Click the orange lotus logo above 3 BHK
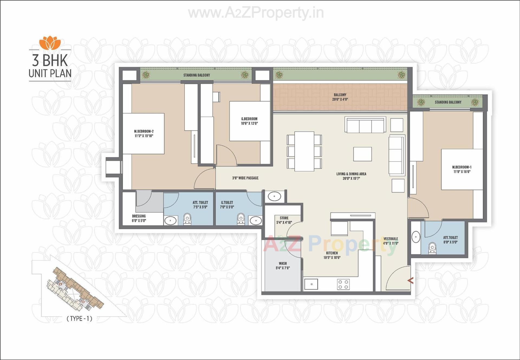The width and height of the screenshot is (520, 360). click(x=50, y=43)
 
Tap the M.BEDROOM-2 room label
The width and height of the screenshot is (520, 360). click(x=144, y=133)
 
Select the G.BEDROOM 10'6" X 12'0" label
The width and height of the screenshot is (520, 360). click(x=249, y=121)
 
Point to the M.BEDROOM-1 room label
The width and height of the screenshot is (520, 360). click(x=462, y=169)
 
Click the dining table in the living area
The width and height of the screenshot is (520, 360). click(x=304, y=151)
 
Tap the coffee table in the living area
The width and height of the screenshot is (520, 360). click(x=362, y=154)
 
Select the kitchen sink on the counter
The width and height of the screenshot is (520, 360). click(x=311, y=284)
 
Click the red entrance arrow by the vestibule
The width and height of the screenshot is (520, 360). click(x=411, y=281)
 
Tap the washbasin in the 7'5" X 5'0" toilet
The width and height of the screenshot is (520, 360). click(x=170, y=221)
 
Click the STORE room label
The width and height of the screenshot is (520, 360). click(x=284, y=220)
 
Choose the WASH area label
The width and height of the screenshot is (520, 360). click(x=283, y=266)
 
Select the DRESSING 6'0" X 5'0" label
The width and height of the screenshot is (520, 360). click(x=139, y=218)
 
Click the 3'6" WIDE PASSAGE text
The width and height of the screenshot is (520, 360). click(x=245, y=178)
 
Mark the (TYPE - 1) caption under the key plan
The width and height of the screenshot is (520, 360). click(x=79, y=319)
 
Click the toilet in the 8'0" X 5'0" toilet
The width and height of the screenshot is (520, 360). click(x=432, y=248)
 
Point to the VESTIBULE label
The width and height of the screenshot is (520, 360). click(x=391, y=241)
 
